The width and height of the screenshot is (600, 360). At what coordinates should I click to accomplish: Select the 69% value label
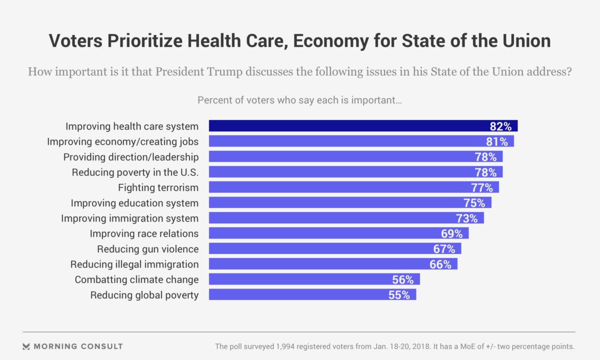point(451,233)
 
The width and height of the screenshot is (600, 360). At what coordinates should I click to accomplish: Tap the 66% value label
point(440,264)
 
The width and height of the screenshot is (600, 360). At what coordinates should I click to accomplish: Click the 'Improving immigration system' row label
point(129,218)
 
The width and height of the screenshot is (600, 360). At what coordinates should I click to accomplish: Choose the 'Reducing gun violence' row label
point(147,249)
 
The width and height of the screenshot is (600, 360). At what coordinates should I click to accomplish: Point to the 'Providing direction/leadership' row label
point(130,157)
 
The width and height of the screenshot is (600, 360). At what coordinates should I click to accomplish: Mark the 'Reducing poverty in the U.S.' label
point(135,172)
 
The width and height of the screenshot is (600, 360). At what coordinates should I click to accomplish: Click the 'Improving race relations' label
point(144,233)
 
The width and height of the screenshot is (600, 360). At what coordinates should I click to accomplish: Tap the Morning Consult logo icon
point(26,346)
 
